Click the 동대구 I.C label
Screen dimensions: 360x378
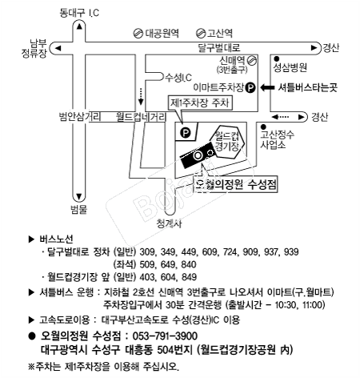[79, 13]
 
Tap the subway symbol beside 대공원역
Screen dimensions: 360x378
[138, 34]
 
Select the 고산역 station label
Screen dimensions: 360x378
[220, 33]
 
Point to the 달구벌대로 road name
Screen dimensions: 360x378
[219, 48]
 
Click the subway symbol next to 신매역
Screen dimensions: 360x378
[252, 60]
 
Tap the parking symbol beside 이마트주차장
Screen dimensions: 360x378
[250, 87]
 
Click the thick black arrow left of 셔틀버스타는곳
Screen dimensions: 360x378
[267, 87]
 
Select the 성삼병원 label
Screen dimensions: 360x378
[290, 67]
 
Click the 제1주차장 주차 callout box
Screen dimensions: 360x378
[200, 103]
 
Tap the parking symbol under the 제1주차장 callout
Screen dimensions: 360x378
[186, 132]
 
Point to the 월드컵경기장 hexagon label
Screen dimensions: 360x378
[226, 141]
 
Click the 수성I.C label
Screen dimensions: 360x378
[178, 78]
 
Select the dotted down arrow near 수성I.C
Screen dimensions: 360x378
[141, 96]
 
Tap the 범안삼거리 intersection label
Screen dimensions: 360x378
[80, 117]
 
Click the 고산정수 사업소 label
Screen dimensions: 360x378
[278, 139]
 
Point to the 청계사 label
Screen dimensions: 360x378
[170, 223]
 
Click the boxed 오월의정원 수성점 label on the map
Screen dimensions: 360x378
[236, 184]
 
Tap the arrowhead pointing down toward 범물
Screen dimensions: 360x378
[79, 197]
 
